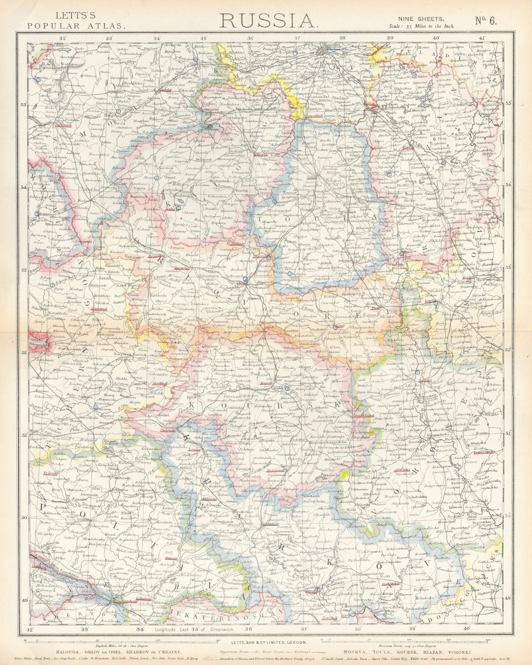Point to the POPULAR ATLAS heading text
click(76, 25)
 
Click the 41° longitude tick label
click(482, 38)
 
